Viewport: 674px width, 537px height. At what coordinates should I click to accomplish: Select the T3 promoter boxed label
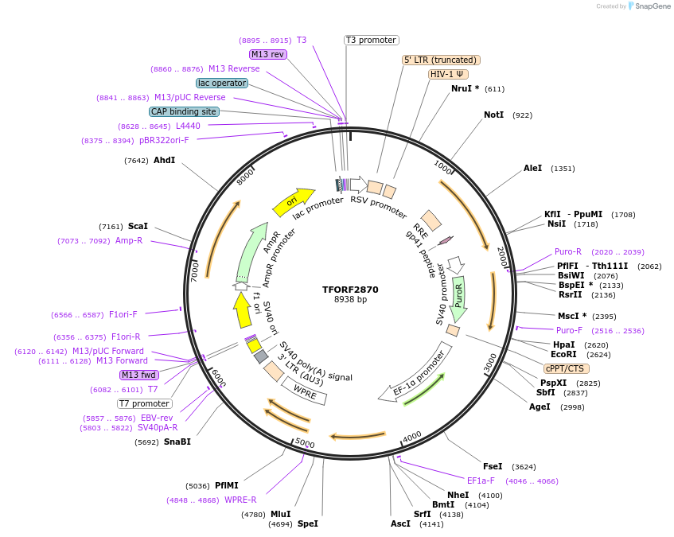(x=372, y=40)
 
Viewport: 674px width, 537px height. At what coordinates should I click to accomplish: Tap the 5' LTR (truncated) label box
(x=441, y=60)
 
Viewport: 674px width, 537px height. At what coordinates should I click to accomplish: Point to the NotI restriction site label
(x=493, y=115)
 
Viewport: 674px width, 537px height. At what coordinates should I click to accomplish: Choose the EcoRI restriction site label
(x=563, y=354)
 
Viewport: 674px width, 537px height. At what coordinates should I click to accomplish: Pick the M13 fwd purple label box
(x=138, y=375)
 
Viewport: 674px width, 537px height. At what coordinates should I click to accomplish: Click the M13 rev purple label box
(x=267, y=54)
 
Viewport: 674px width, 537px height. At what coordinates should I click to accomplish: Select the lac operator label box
(x=221, y=83)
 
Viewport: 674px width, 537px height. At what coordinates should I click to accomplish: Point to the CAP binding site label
(x=183, y=111)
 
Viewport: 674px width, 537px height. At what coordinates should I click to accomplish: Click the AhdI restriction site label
(x=164, y=161)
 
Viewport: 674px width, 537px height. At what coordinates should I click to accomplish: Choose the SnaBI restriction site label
(x=177, y=442)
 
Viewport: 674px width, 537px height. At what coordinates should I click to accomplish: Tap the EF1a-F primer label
(x=481, y=481)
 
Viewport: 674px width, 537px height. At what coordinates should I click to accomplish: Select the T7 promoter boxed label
(x=144, y=403)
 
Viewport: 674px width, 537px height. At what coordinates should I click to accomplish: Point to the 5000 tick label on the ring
(x=305, y=443)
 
